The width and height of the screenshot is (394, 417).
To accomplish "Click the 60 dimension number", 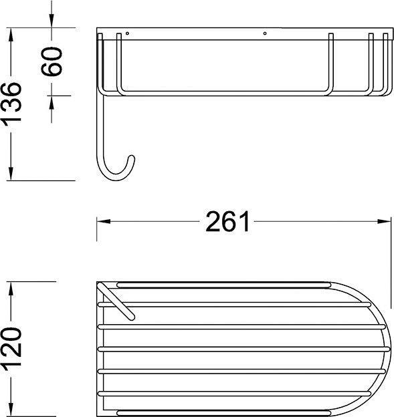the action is pos(52,61).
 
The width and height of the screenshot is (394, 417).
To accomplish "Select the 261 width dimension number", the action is pos(227,221).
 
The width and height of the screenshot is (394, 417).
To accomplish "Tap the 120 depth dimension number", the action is pos(11,348).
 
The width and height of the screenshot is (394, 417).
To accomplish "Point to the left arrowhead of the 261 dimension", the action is pos(103,221).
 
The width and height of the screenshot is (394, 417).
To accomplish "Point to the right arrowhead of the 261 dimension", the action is pos(384,221).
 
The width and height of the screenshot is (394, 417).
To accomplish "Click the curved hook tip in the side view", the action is pos(131,158).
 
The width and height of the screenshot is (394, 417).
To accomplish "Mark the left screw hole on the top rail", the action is pos(127,33).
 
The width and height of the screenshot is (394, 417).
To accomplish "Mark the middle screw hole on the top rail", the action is pos(265,33).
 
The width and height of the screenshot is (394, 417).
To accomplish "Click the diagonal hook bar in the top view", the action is pos(116,301).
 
